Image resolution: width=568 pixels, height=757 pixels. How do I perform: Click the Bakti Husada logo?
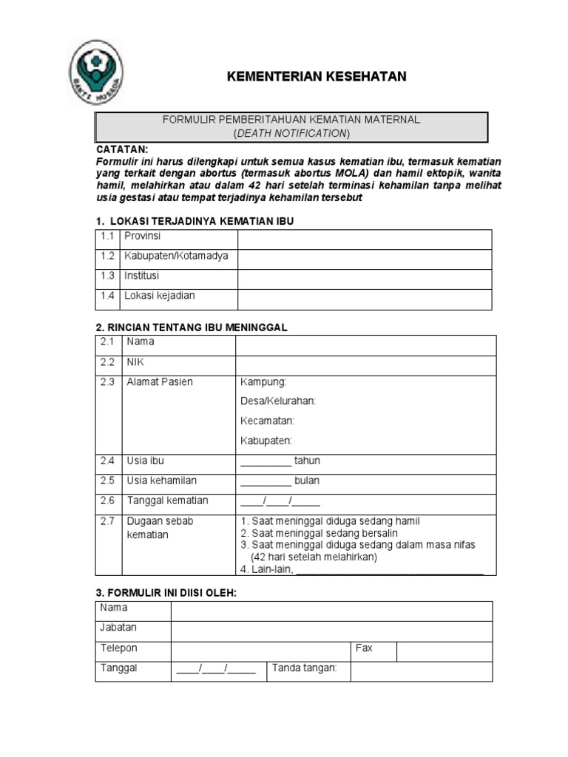(x=96, y=72)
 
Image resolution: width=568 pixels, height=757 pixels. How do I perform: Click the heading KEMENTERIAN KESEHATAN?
(x=316, y=77)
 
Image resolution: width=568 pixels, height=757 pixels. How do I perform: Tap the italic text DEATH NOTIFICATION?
(x=291, y=133)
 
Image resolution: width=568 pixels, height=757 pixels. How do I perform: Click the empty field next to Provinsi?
(x=364, y=239)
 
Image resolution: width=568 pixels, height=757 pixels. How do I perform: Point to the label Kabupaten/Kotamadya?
(x=177, y=256)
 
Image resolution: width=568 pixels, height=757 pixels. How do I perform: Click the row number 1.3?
(x=108, y=276)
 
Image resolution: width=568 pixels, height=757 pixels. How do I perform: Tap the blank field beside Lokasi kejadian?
(x=364, y=299)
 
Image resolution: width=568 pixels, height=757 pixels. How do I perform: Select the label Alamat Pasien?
(x=159, y=381)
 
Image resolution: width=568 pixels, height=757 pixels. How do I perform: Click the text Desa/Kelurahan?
(x=278, y=401)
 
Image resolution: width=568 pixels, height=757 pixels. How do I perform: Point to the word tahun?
(x=307, y=461)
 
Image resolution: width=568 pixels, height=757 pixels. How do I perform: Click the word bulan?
(x=307, y=481)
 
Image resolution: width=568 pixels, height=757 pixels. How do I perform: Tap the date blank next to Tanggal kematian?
(x=270, y=501)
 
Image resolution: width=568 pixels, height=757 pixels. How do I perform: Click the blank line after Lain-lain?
(x=390, y=569)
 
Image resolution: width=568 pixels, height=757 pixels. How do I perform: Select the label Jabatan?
(x=118, y=628)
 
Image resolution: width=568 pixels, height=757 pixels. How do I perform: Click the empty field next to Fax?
(x=444, y=651)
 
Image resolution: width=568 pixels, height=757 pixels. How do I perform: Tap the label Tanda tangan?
(x=305, y=668)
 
